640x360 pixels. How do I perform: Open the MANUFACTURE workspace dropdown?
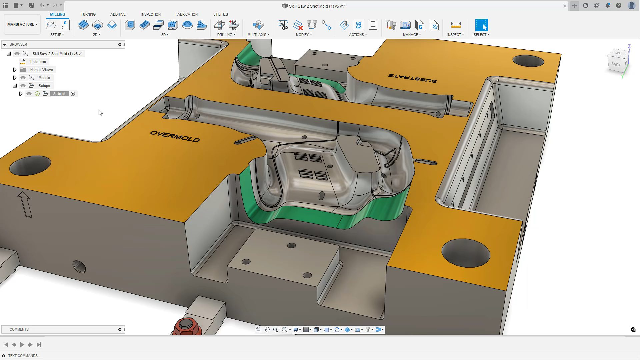pos(22,24)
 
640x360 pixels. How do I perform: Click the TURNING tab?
pos(88,14)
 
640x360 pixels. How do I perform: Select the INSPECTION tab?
pos(151,14)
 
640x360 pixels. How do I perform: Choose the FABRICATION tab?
pos(186,14)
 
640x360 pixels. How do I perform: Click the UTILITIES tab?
pos(220,14)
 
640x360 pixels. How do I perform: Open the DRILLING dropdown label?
pos(226,35)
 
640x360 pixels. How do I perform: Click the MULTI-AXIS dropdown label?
pos(258,35)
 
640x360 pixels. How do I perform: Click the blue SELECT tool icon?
pos(481,25)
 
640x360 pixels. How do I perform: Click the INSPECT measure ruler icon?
pos(455,25)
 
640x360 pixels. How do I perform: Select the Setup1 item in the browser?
pos(59,94)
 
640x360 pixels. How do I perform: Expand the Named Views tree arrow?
pos(15,70)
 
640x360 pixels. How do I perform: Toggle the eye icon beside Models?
pos(23,78)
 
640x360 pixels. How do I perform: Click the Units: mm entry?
pos(38,62)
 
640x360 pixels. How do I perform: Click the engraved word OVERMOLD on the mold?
pos(175,136)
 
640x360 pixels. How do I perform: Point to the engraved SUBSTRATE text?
pos(412,78)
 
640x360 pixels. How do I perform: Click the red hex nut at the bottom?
pos(186,326)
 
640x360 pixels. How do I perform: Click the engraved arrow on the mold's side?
pos(25,204)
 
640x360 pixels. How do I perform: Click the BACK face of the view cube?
pos(616,64)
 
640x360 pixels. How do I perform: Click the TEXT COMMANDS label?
pos(23,356)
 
